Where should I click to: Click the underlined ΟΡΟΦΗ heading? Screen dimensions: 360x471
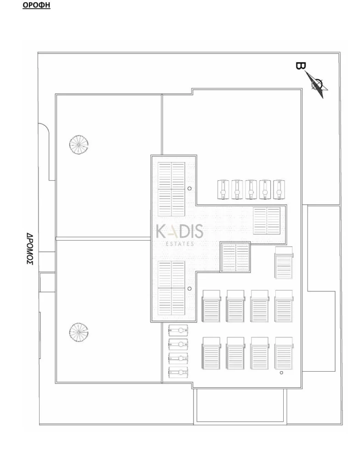tap(36, 6)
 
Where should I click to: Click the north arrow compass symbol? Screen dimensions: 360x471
tap(317, 85)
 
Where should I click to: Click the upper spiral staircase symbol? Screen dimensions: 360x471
tap(79, 145)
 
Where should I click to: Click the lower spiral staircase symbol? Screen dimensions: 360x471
tap(79, 333)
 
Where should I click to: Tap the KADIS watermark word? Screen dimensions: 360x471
tap(179, 232)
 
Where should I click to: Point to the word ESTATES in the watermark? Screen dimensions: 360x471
tap(180, 244)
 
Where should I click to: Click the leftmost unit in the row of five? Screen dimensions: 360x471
tap(223, 190)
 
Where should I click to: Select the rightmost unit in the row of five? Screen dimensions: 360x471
tap(279, 190)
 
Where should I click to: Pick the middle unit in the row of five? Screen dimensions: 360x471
tap(251, 190)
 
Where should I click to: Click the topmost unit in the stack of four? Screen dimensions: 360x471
tap(178, 330)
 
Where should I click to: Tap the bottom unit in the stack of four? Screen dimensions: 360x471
tap(178, 373)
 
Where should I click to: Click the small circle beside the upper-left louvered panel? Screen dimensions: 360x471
tap(189, 189)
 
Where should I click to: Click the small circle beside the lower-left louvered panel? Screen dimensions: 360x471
tap(189, 289)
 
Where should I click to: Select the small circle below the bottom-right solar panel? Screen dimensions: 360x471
tap(281, 373)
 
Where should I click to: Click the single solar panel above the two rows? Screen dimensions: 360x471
tap(284, 262)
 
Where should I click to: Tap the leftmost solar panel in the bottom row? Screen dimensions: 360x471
tap(211, 353)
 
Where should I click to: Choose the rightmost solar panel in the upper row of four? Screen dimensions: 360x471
tap(284, 306)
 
